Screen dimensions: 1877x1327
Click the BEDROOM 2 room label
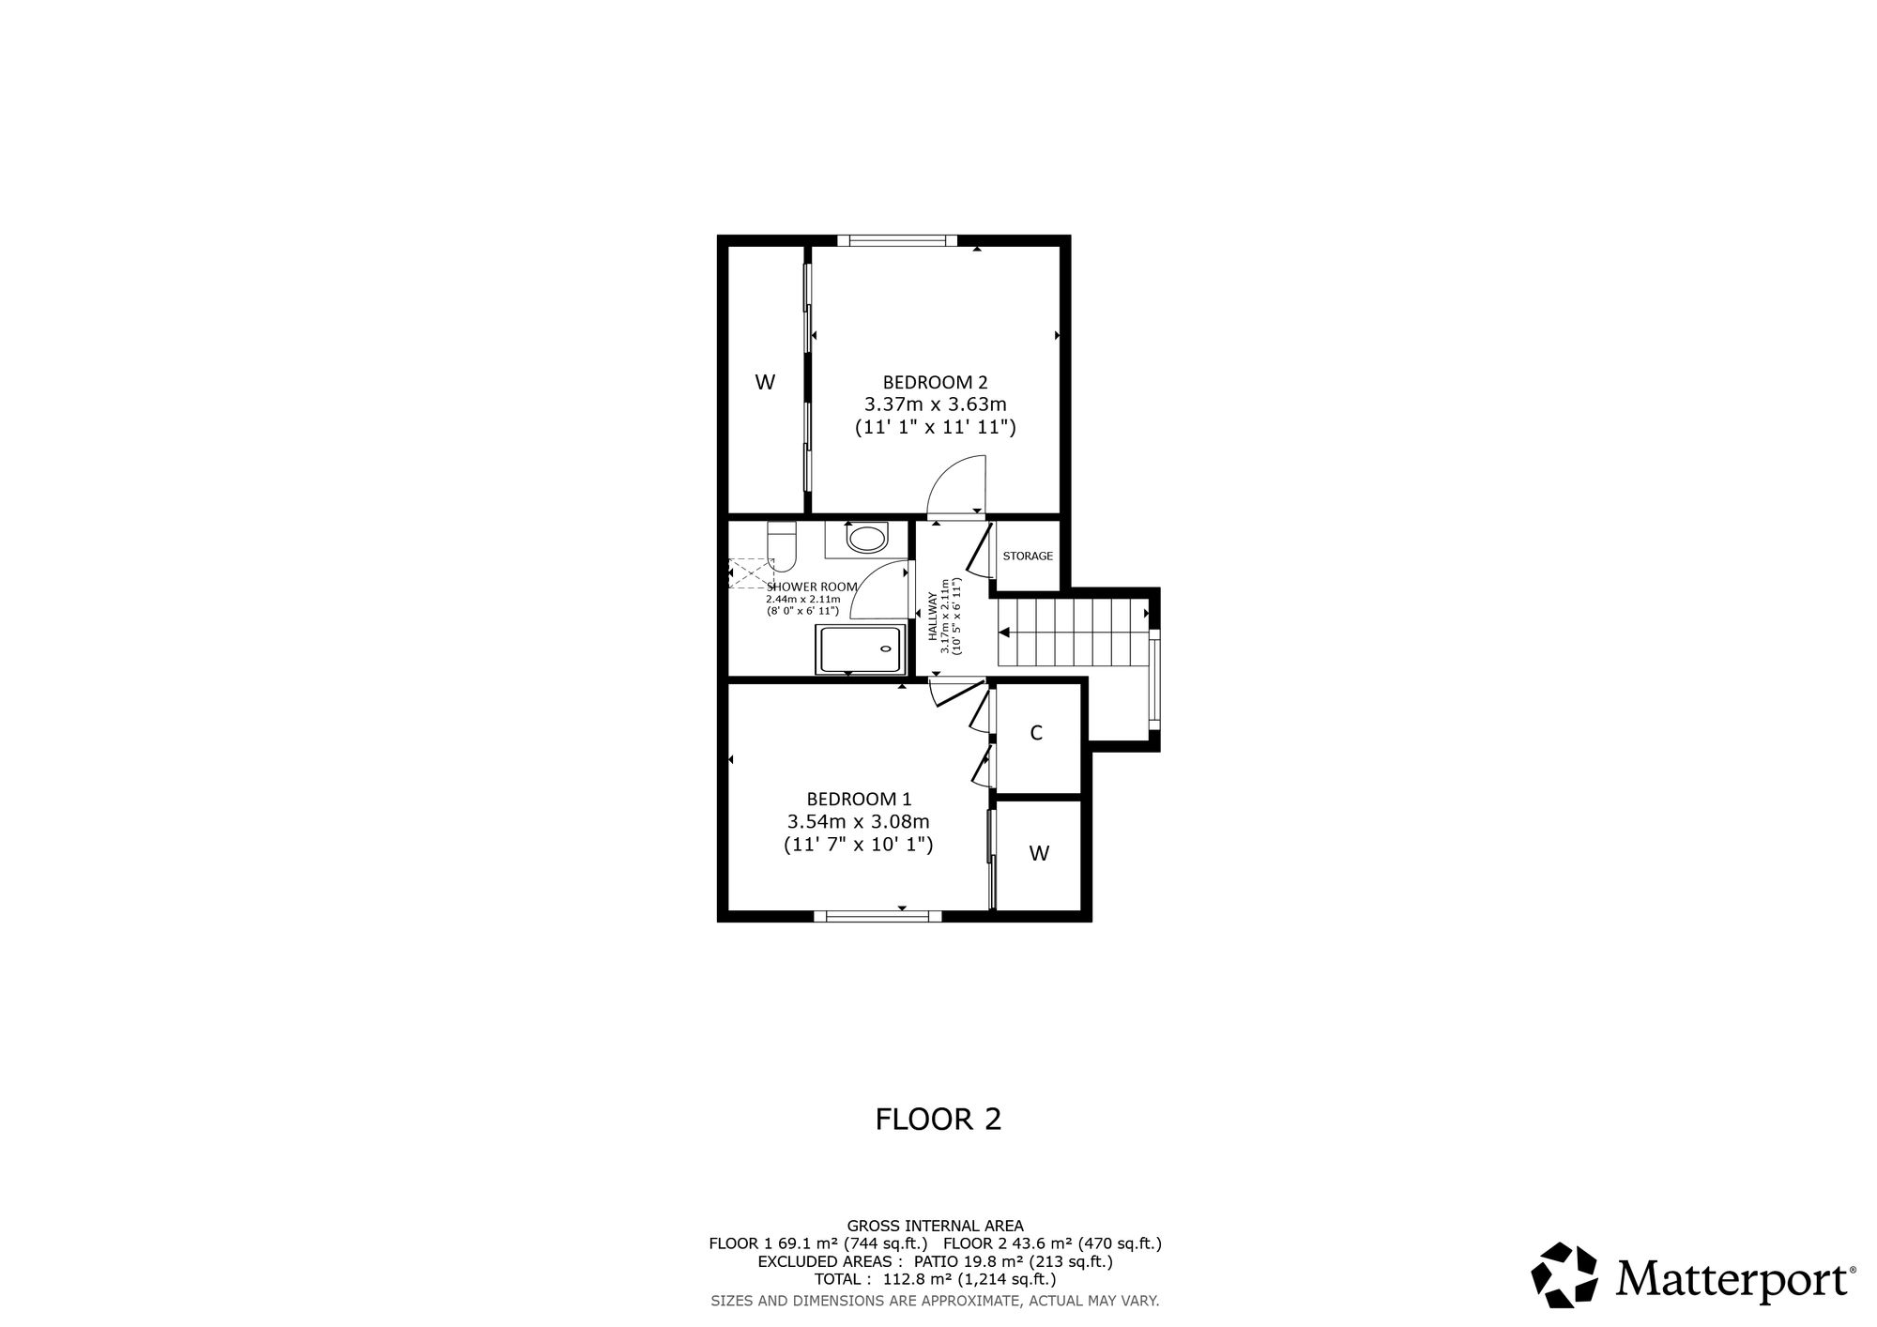935,383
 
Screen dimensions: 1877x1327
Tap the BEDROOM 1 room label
859,800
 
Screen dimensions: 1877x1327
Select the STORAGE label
1028,556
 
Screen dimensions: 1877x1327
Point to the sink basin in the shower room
865,538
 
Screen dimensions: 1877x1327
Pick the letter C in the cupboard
1036,733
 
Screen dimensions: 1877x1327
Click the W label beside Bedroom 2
765,383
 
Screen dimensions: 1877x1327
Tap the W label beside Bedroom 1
1039,854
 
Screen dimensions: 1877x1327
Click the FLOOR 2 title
938,1119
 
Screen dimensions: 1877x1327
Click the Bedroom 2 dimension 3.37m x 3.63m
935,404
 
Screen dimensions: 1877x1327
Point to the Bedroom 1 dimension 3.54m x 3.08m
859,822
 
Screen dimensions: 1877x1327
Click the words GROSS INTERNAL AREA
936,1226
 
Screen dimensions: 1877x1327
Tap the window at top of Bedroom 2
897,241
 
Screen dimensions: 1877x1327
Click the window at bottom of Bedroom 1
877,916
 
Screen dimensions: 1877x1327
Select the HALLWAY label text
934,617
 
